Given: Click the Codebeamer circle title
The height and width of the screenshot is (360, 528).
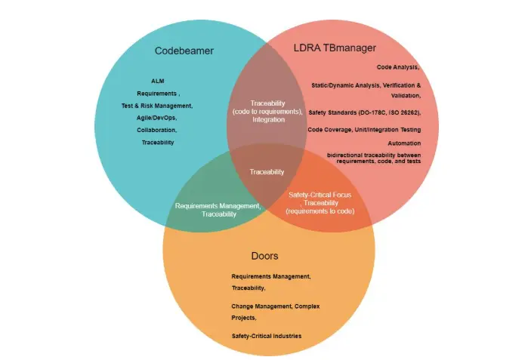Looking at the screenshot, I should [184, 51].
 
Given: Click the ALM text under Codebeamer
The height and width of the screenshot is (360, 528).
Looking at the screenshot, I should [158, 81].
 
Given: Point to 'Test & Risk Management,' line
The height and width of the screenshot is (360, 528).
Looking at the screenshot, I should [157, 106].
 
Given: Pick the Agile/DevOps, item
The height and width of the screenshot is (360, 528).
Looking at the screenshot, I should [157, 118].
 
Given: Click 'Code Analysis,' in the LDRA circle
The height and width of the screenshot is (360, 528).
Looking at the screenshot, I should [397, 67].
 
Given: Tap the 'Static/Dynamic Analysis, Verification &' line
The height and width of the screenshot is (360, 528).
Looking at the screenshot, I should [366, 85].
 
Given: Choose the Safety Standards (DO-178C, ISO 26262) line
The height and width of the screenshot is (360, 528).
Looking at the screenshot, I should [364, 112].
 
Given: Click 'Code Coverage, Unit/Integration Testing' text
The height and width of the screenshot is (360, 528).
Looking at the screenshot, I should [363, 130].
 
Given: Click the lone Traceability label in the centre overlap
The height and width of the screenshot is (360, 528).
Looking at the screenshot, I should [267, 172].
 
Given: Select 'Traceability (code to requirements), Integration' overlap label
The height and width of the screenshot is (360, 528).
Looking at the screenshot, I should [267, 111].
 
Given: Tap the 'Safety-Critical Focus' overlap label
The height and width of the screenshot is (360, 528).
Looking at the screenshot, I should [320, 195].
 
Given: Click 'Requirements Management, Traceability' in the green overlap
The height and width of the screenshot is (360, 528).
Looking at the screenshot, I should [218, 210].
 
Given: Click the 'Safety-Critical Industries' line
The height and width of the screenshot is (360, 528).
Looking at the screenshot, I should [267, 335].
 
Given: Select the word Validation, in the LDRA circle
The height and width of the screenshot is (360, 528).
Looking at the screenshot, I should [406, 96].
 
